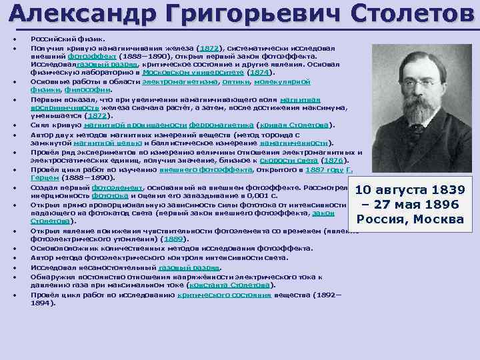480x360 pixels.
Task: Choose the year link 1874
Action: (x=259, y=73)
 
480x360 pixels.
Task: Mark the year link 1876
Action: (x=333, y=160)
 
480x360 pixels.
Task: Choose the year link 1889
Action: (x=175, y=239)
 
